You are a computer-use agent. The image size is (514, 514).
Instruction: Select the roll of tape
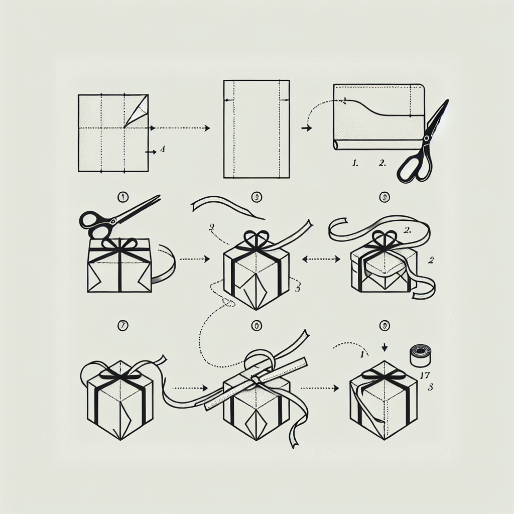pos(421,355)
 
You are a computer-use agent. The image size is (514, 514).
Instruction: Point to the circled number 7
pos(122,326)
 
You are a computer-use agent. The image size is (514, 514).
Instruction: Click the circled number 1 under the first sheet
pos(122,198)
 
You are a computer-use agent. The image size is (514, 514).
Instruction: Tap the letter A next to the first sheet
pos(162,149)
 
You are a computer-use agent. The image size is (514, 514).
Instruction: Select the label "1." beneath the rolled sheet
pos(356,163)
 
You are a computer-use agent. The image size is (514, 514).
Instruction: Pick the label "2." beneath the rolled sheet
pos(382,163)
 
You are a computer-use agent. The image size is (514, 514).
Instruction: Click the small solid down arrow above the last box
pos(384,347)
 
